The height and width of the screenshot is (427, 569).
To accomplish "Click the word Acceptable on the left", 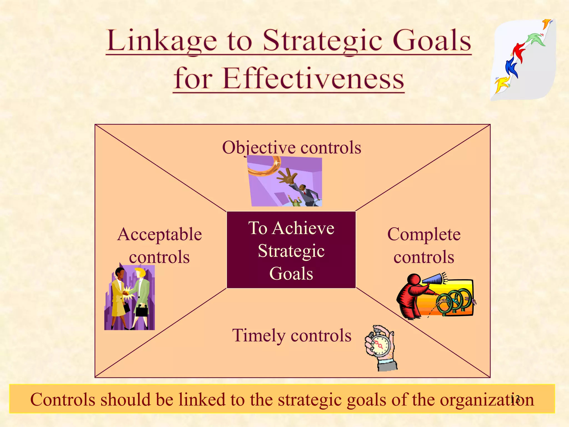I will [159, 234].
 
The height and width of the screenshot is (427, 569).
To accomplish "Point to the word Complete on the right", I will [424, 234].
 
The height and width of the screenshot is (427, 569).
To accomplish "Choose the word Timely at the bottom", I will [259, 336].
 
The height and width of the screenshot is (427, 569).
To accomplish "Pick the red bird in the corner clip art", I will [519, 51].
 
